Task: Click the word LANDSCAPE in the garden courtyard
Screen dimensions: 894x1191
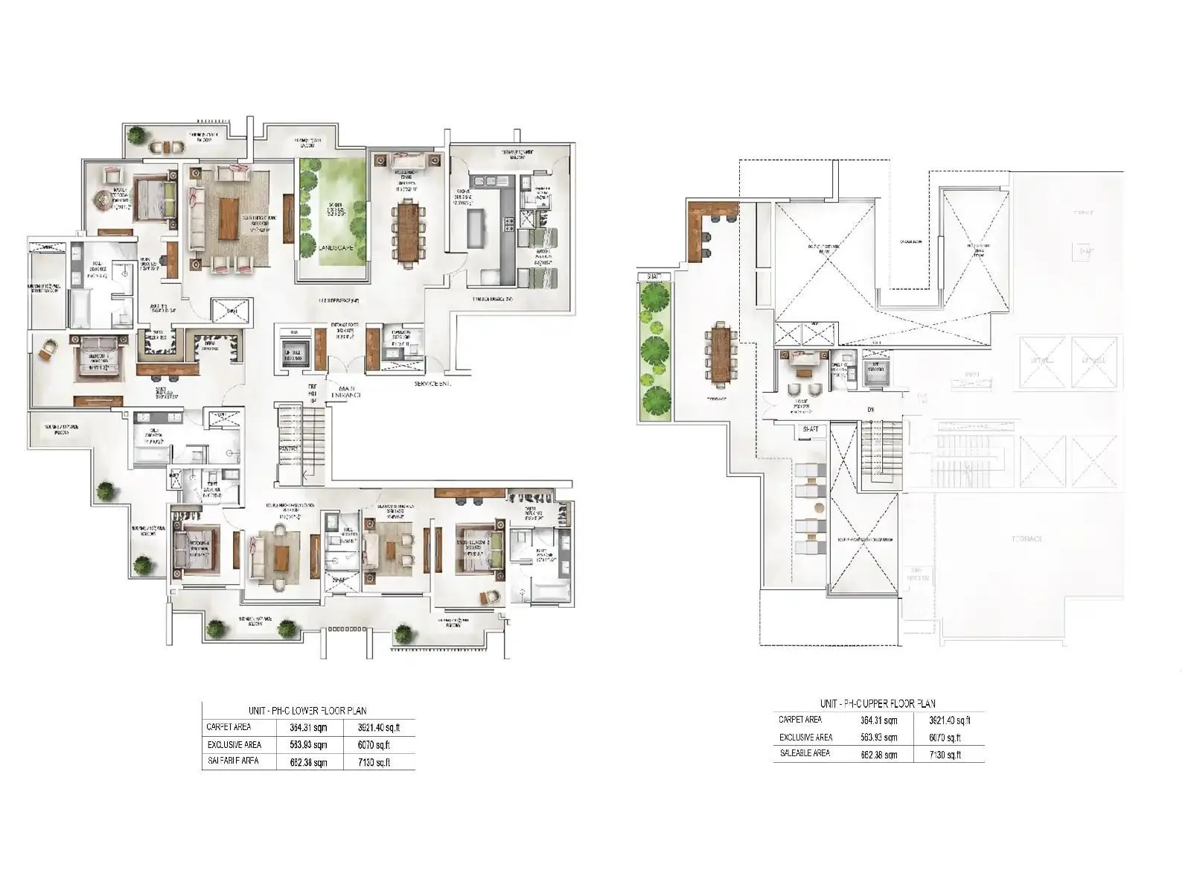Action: click(x=333, y=247)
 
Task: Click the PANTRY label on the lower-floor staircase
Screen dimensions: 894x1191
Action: click(x=290, y=448)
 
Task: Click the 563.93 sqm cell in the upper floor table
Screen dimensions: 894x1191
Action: click(x=878, y=738)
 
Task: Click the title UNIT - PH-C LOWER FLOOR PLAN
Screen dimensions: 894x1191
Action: click(x=307, y=711)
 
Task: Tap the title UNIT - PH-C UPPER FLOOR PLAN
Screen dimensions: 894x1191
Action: click(x=878, y=703)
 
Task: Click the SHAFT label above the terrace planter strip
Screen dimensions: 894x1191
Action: click(x=654, y=277)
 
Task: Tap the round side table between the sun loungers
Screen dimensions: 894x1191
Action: click(x=818, y=508)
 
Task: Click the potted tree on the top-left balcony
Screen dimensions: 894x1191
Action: click(x=135, y=136)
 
